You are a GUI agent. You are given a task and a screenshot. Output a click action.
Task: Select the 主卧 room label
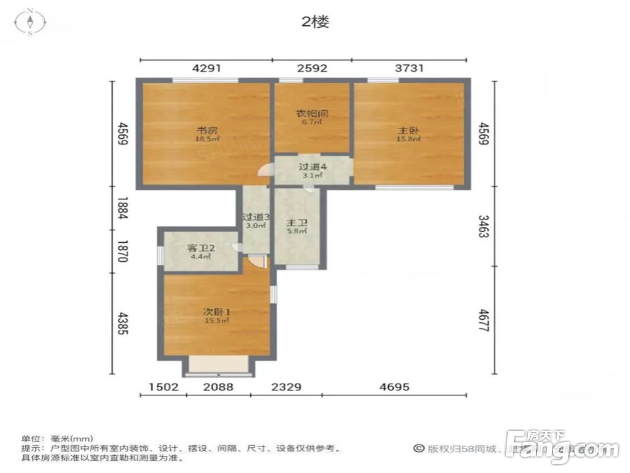coord(405,131)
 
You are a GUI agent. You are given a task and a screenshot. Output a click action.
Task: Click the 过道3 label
coord(256,217)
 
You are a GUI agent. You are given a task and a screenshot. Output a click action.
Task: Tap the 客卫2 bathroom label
coord(202,248)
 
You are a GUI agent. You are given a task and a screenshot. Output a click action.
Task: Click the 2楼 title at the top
coord(315,22)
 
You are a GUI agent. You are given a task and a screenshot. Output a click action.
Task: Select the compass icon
coord(30,23)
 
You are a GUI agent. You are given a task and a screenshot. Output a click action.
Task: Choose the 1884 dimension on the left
coord(122,209)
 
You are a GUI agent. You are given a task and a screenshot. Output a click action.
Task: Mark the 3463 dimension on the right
coord(484,226)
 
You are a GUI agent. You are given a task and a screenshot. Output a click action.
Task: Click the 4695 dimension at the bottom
coord(394,386)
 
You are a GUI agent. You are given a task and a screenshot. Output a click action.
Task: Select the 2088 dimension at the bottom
coord(219,386)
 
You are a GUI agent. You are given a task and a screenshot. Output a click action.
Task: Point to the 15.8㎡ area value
coord(404,139)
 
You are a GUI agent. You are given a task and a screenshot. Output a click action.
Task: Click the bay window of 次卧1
coord(219,365)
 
